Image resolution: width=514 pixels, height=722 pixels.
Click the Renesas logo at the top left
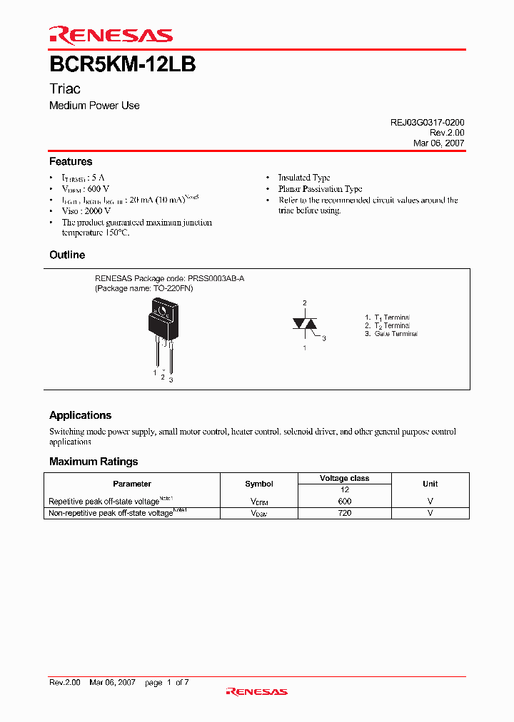point(111,35)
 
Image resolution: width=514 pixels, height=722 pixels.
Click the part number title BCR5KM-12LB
point(122,64)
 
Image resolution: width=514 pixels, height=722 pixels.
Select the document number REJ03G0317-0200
point(427,123)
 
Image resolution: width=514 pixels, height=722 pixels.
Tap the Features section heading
point(71,162)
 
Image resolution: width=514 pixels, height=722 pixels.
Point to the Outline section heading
point(67,255)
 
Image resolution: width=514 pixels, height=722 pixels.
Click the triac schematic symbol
point(305,324)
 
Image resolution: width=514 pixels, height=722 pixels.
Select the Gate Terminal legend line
point(391,334)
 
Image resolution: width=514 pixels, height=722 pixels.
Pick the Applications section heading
point(80,415)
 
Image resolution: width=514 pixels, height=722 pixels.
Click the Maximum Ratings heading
point(94,462)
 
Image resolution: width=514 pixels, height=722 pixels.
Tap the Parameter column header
point(132,484)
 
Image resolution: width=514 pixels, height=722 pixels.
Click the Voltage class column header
point(344,478)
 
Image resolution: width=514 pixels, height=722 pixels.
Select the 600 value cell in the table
point(344,501)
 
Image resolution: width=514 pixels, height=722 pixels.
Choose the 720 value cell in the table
point(344,513)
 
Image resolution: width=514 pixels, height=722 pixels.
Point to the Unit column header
point(430,484)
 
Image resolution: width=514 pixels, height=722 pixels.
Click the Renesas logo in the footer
point(256,691)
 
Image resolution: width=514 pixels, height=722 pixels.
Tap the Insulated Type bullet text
point(304,178)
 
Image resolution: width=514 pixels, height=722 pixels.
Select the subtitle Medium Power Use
point(94,106)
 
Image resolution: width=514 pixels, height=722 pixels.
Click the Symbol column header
point(259,484)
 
